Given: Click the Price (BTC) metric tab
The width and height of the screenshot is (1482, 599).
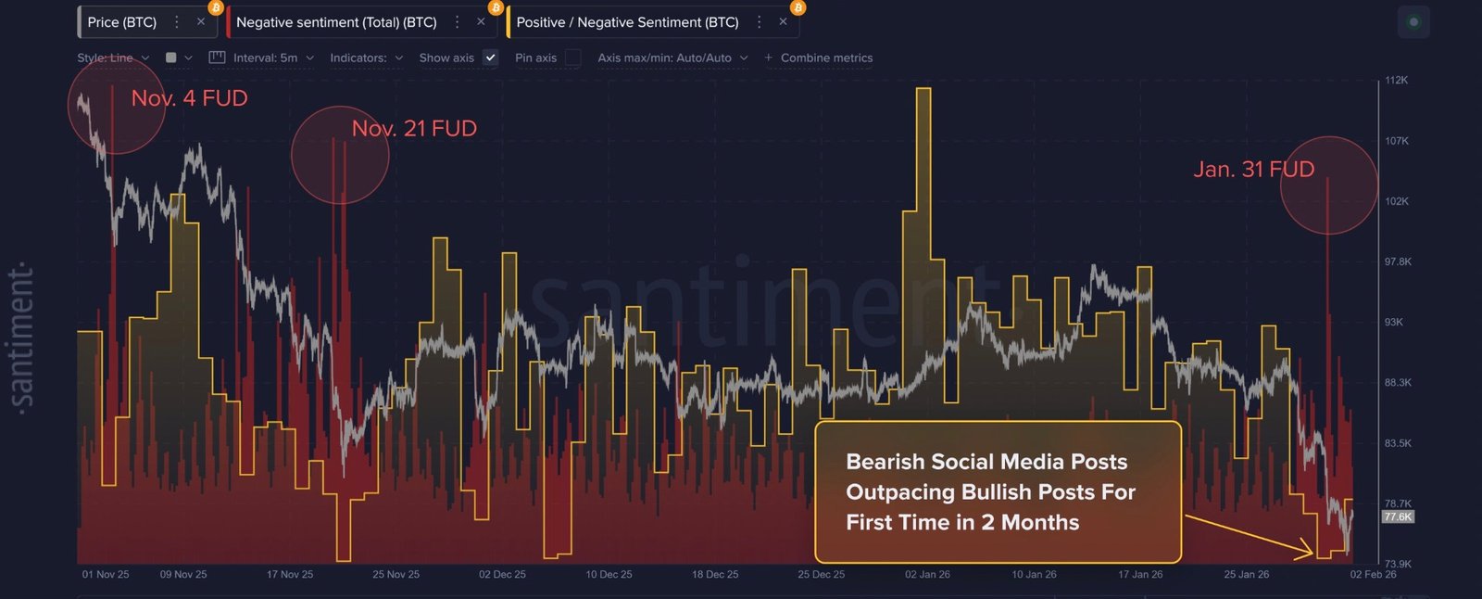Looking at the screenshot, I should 121,22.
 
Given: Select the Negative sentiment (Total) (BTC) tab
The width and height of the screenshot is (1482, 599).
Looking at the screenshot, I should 336,22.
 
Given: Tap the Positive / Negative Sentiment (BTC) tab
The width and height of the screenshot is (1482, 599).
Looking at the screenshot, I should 627,22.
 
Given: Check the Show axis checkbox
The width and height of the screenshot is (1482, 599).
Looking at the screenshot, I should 491,57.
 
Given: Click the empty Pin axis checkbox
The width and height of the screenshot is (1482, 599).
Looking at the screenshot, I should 573,57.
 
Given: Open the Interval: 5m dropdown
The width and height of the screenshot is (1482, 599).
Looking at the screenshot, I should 265,57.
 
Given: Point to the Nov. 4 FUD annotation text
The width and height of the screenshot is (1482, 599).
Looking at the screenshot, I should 189,98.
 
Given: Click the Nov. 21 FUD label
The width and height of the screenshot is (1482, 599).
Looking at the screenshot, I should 414,129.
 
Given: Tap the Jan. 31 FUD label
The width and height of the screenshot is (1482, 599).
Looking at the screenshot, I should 1253,170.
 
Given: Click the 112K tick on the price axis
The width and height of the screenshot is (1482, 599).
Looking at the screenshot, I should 1396,81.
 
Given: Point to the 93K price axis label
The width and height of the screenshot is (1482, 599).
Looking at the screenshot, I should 1393,323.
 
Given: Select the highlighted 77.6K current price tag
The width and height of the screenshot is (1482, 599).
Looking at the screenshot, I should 1398,517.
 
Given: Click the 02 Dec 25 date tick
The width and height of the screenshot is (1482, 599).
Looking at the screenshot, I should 502,575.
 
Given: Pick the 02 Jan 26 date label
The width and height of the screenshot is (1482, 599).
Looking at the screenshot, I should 927,575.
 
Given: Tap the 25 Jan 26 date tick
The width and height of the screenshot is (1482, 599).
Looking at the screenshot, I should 1246,575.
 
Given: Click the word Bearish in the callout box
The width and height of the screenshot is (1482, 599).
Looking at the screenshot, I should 885,462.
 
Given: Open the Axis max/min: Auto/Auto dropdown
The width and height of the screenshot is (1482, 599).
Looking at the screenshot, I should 672,57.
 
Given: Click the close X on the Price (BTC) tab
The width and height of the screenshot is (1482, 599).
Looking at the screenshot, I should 201,22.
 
